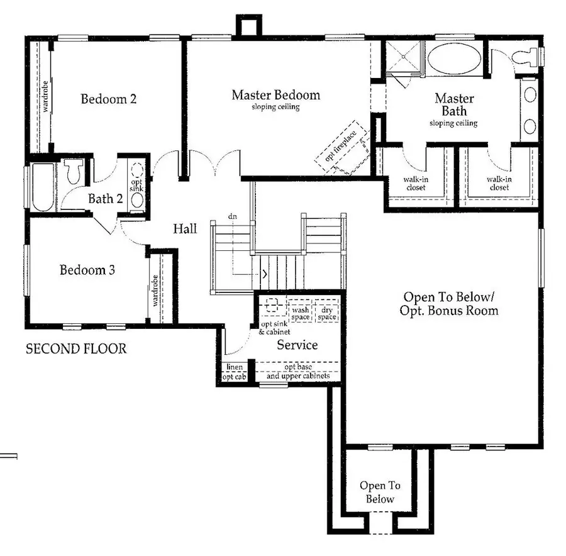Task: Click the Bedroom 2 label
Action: [109, 99]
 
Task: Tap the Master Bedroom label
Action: [275, 96]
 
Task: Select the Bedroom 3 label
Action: [87, 270]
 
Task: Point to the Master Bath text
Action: [454, 105]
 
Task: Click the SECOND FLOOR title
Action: [76, 348]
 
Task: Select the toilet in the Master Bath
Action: [527, 57]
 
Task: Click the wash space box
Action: [300, 313]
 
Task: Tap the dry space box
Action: [327, 313]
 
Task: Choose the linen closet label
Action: [234, 367]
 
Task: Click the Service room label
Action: [297, 345]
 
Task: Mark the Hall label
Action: [185, 229]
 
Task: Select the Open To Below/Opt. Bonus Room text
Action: [450, 304]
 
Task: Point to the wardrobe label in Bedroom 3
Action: [155, 291]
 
